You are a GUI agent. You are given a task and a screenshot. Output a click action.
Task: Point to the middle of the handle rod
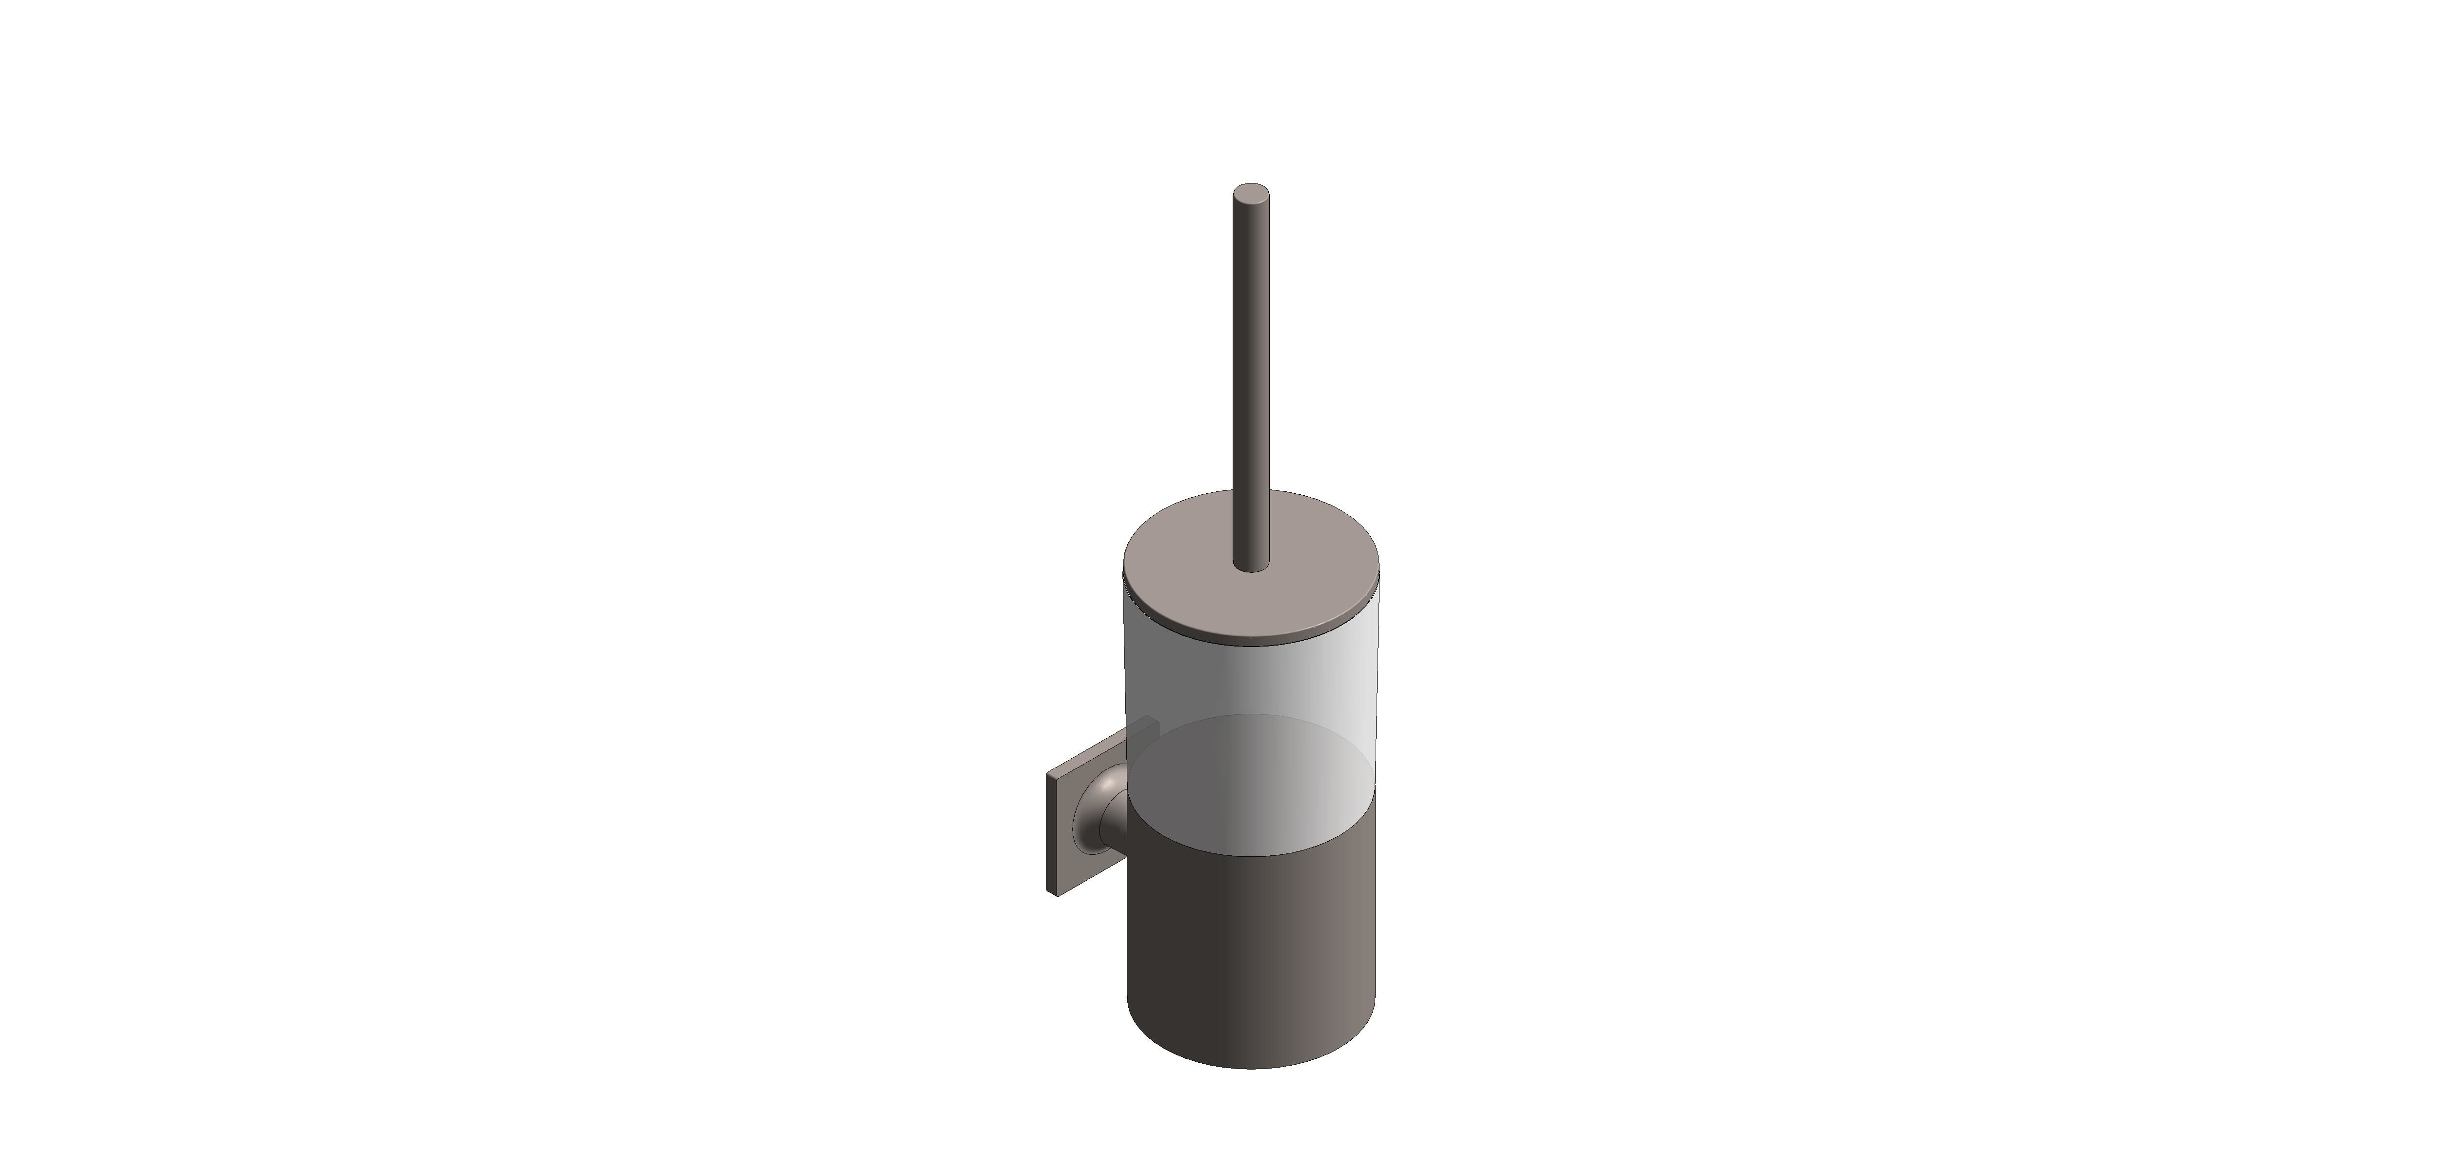[x=1251, y=379]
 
